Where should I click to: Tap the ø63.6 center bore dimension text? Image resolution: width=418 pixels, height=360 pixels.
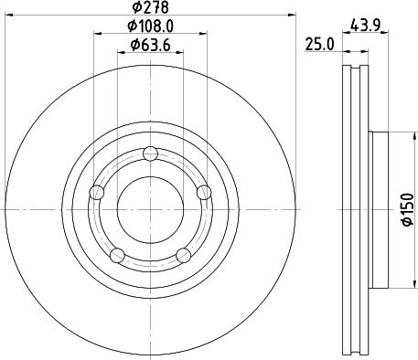pos(151,45)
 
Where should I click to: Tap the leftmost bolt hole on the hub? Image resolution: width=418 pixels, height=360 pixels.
pos(97,192)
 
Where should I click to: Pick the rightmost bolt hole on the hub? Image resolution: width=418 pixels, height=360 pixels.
pos(203,191)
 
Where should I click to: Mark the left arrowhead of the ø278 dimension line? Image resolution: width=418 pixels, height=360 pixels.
pos(6,16)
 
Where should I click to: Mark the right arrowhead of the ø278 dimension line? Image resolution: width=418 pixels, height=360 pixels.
pos(295,16)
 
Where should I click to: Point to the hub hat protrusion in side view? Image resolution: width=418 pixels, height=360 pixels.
pos(380,209)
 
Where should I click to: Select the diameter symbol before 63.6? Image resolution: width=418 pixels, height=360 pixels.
pos(134,45)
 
